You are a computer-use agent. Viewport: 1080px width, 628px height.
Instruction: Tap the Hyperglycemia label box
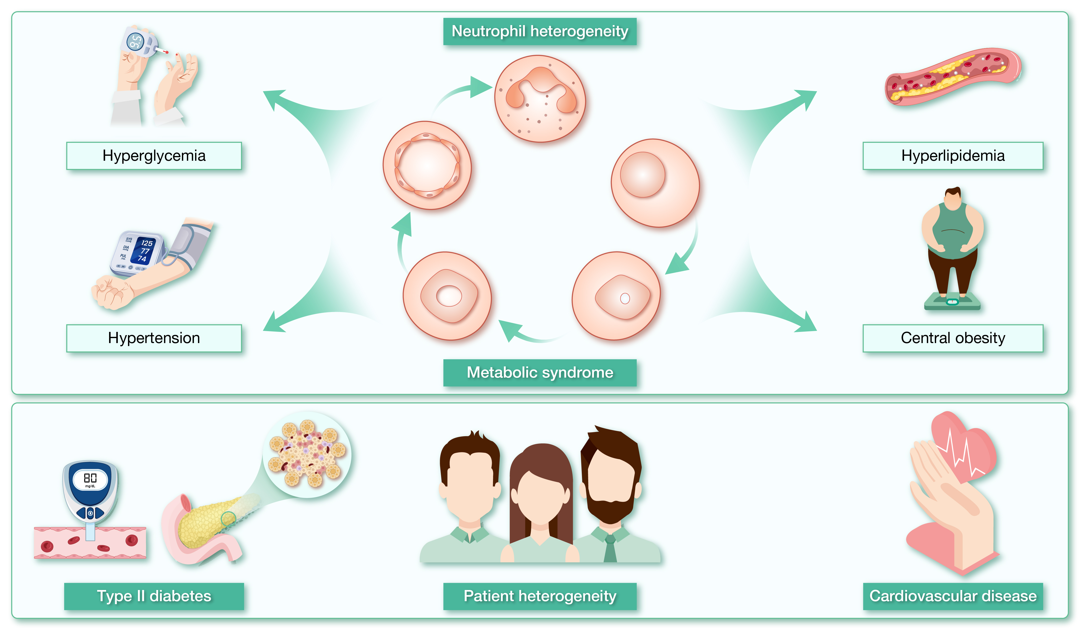point(154,156)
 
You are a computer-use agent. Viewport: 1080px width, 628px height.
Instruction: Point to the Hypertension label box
point(154,338)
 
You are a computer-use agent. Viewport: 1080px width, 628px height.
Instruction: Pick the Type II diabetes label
point(154,596)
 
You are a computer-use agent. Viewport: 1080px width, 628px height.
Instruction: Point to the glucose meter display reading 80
point(90,478)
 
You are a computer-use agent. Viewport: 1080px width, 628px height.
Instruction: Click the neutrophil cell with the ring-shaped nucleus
point(427,165)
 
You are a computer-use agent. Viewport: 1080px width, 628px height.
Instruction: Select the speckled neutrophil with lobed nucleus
point(540,99)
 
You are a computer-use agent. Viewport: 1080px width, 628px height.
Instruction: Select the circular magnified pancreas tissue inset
point(307,455)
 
